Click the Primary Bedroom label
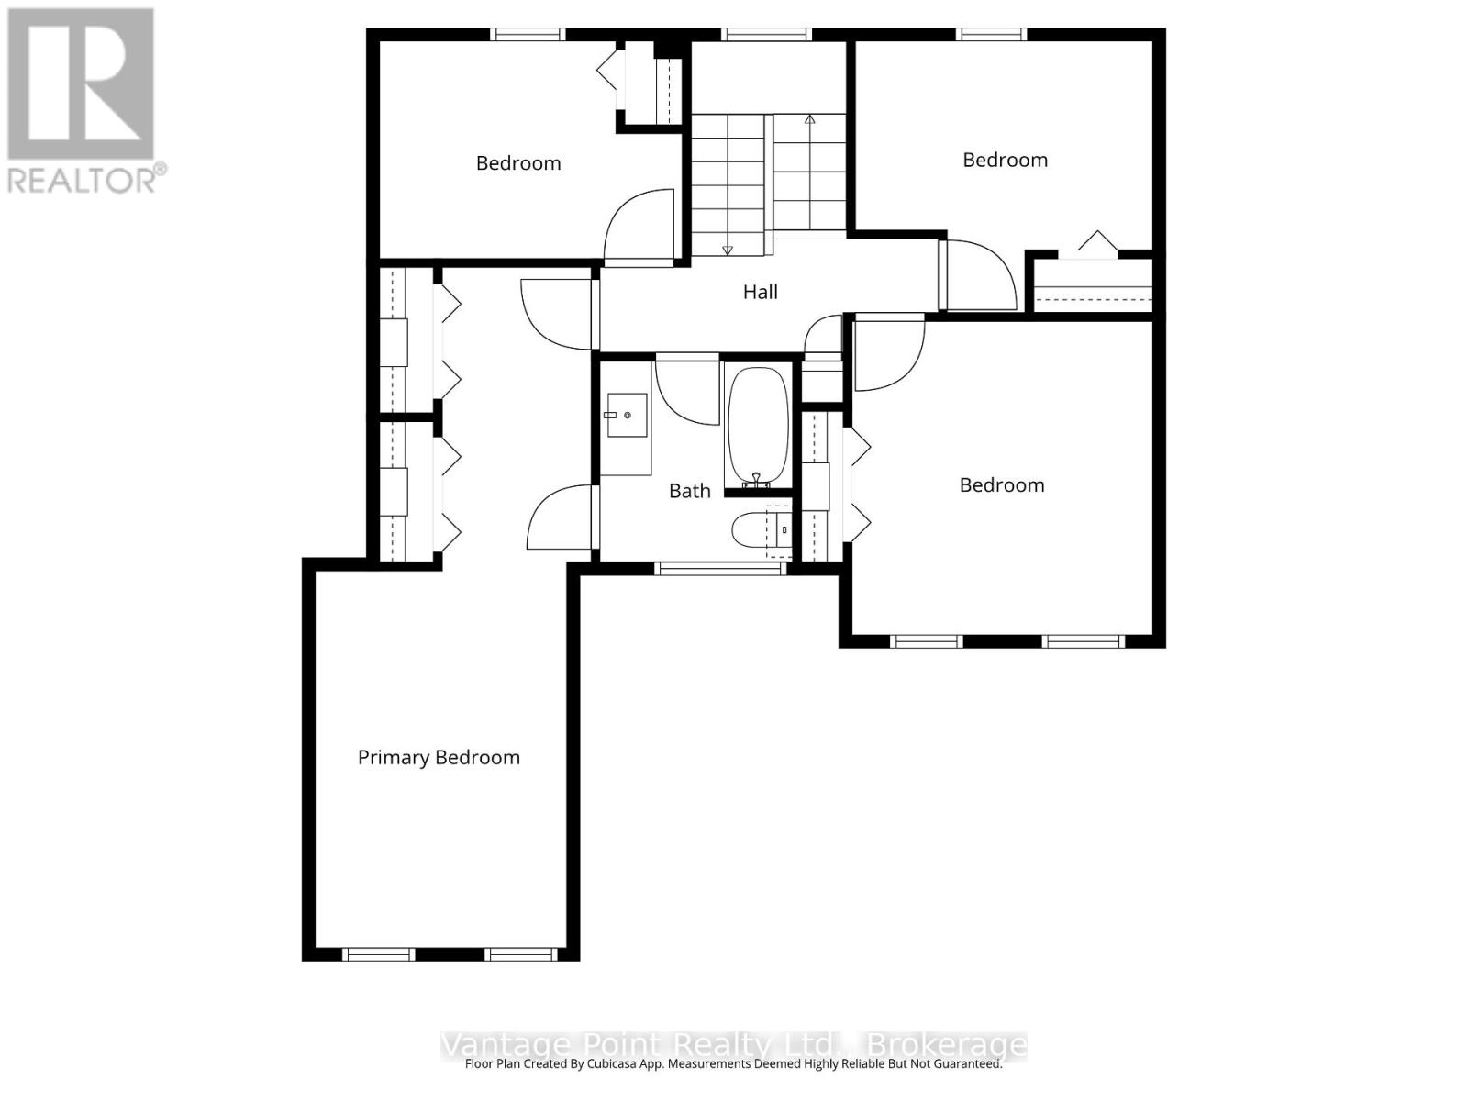point(439,758)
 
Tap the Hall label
point(760,293)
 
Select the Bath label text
point(689,492)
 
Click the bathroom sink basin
point(626,416)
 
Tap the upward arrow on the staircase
point(809,120)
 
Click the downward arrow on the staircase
point(728,249)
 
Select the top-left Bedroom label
point(518,163)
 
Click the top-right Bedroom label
point(1005,161)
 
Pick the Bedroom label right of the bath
point(1001,485)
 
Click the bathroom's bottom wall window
point(721,569)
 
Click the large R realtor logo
point(81,84)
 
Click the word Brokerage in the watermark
point(947,1045)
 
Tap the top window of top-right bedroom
point(991,35)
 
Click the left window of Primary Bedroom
point(378,954)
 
